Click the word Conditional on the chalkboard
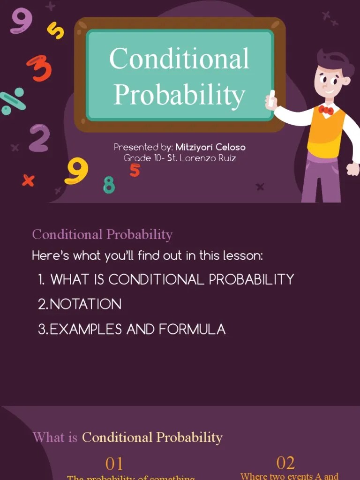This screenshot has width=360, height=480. click(179, 59)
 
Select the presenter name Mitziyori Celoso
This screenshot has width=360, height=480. click(210, 147)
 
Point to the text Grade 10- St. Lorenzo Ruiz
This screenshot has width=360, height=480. click(180, 158)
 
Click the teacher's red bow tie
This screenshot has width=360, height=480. click(326, 110)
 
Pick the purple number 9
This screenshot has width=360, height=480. click(21, 21)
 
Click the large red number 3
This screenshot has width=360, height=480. click(39, 68)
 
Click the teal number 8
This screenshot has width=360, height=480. click(109, 185)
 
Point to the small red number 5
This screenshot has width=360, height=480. click(135, 170)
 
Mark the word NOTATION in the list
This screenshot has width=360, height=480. click(85, 304)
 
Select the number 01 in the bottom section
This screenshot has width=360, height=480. click(114, 464)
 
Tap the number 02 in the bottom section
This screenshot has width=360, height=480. click(285, 463)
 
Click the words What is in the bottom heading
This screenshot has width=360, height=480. click(55, 437)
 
